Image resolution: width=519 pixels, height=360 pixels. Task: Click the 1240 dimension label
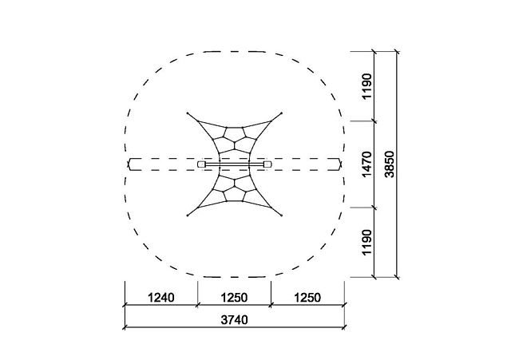[x=160, y=298]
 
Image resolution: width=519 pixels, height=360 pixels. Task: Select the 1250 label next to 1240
[x=234, y=298]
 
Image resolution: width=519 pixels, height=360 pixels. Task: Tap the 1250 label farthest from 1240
[x=307, y=298]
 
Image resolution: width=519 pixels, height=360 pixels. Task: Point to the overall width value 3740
[x=234, y=320]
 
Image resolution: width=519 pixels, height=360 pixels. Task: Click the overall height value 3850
[x=390, y=164]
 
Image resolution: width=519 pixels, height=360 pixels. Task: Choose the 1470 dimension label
[x=367, y=164]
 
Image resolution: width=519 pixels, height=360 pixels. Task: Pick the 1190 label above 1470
[x=367, y=86]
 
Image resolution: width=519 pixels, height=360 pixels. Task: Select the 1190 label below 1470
[x=367, y=243]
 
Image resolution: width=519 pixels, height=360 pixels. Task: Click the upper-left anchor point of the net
[x=188, y=113]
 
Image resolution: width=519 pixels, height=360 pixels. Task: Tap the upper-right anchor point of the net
[x=282, y=113]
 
